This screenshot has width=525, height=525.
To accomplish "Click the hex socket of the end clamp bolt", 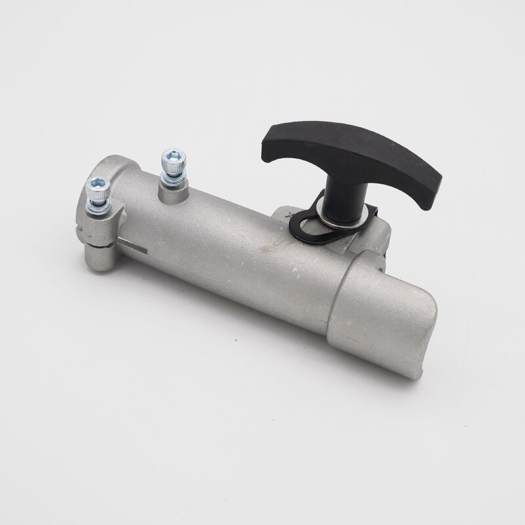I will tap(96, 186).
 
